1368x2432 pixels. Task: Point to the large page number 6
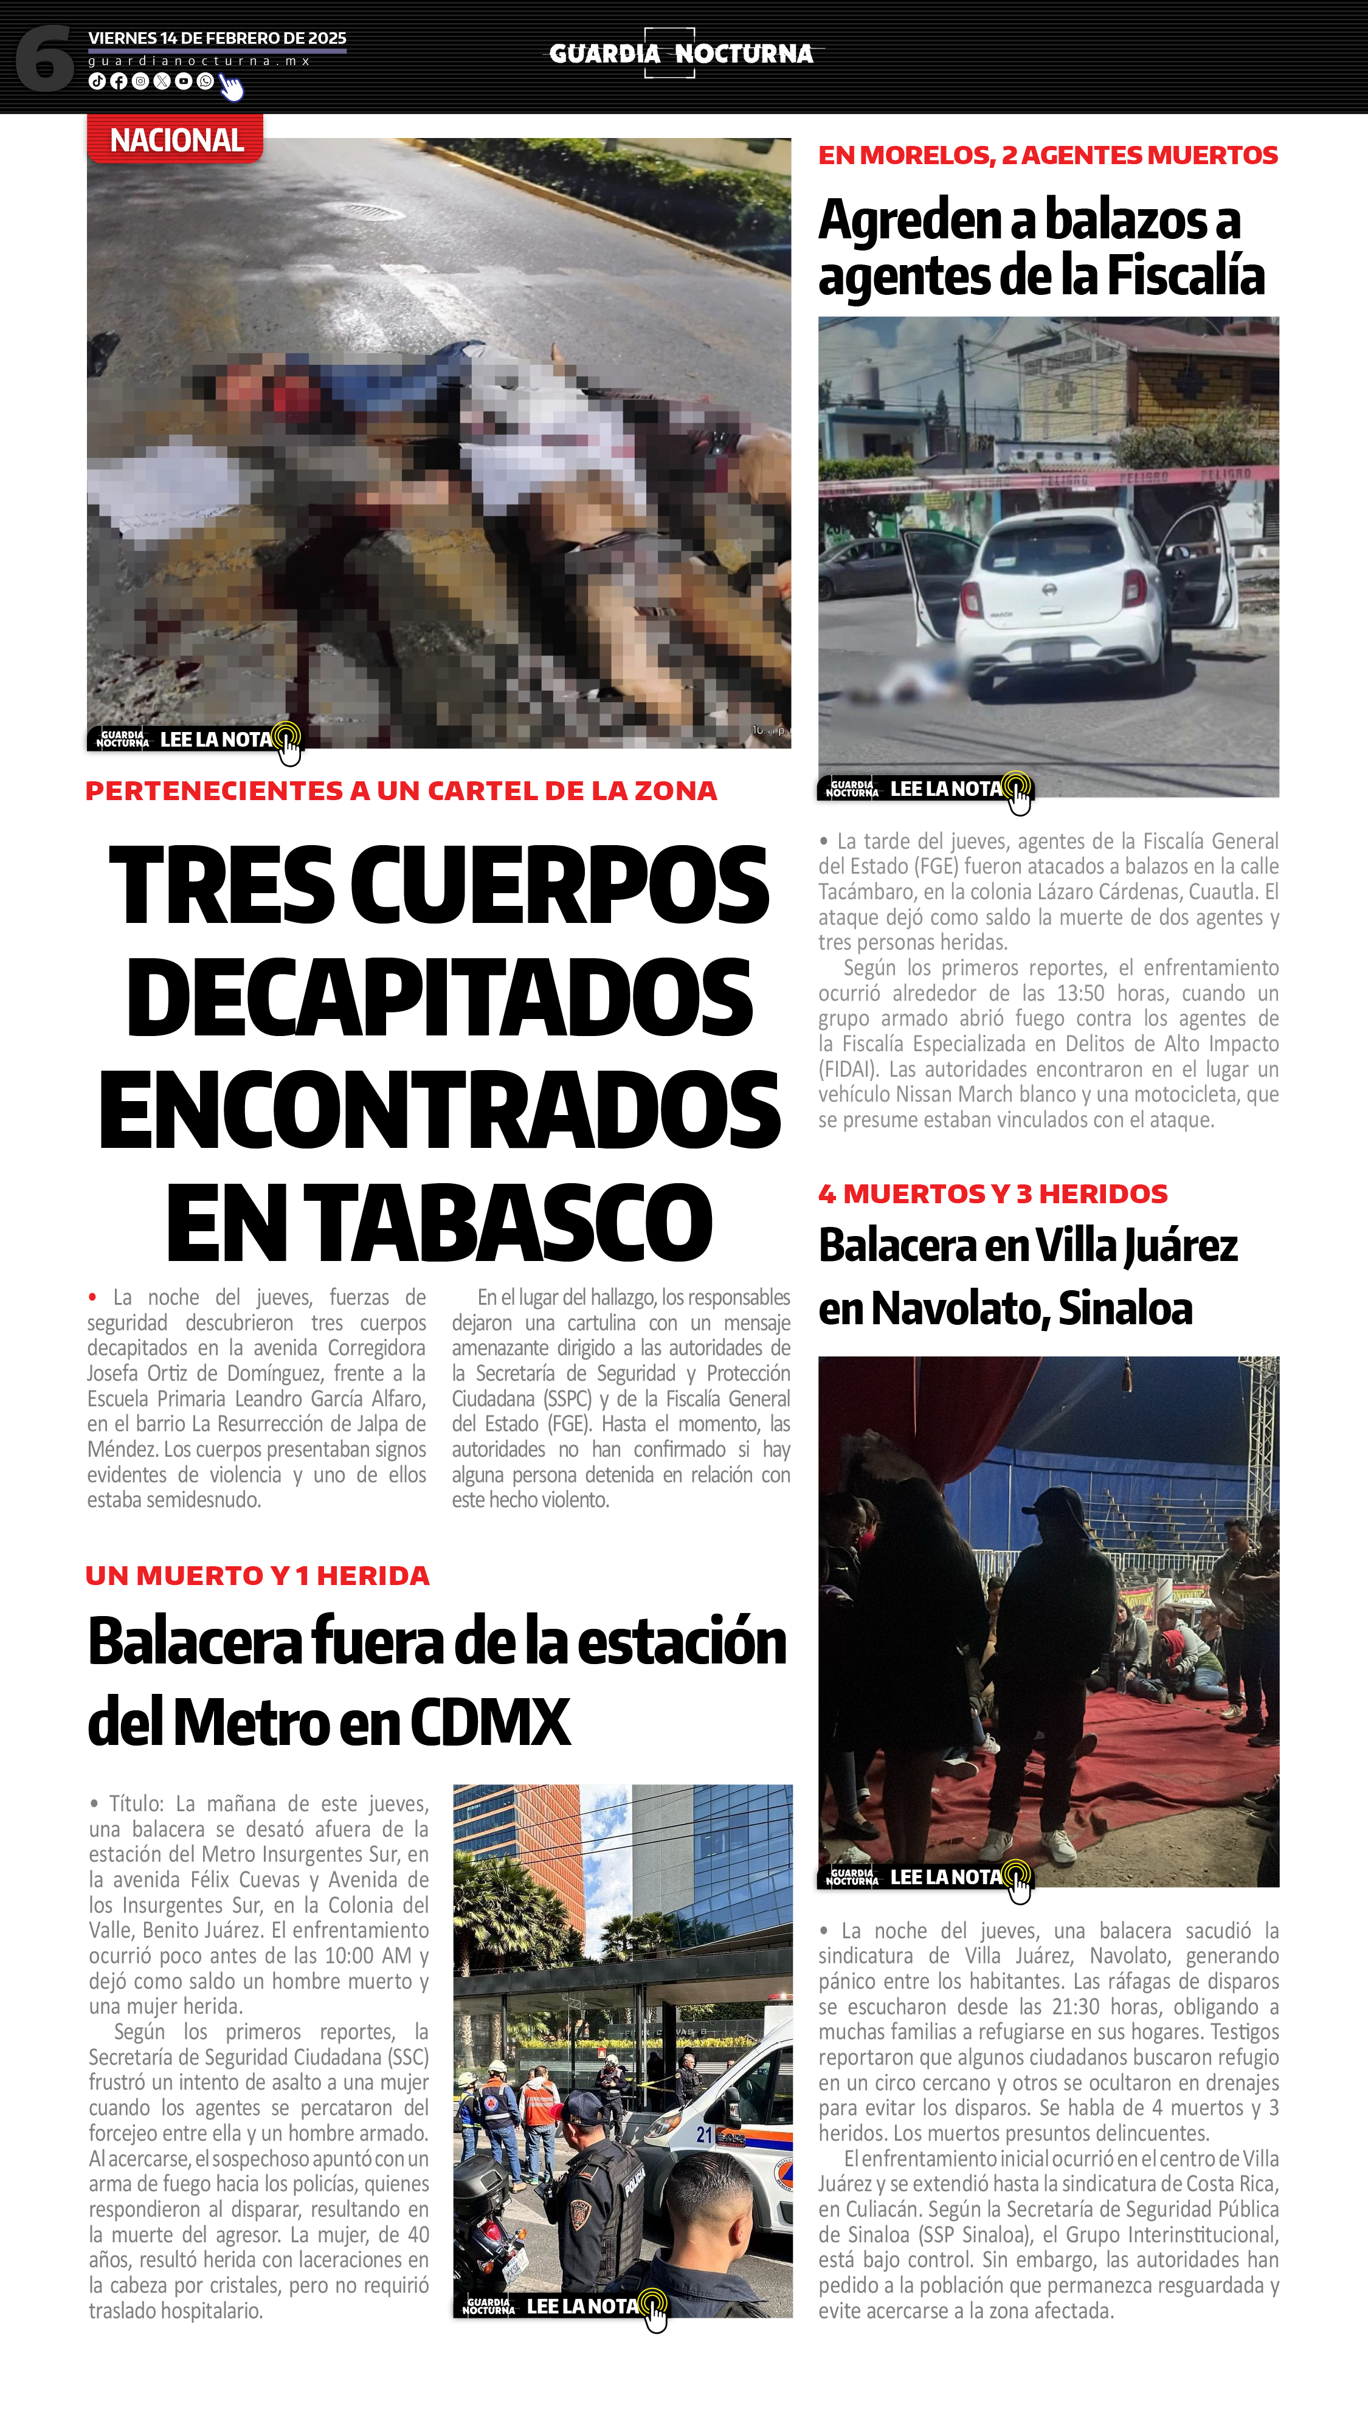coord(44,58)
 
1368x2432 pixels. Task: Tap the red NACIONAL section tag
coord(176,140)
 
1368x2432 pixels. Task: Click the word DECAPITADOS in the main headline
coord(439,997)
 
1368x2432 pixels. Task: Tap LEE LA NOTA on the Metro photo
coord(582,2306)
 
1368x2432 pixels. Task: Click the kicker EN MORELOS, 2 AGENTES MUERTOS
coord(1047,155)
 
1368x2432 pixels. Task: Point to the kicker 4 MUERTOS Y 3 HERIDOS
coord(992,1194)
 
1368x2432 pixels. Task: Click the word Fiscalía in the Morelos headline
coord(1185,275)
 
